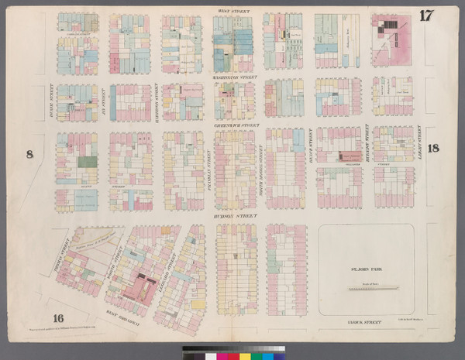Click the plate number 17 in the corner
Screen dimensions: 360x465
click(425, 15)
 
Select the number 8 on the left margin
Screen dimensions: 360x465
click(30, 155)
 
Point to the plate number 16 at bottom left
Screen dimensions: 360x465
click(58, 318)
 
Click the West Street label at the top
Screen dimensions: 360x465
click(233, 10)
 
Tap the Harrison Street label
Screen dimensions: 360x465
click(157, 99)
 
